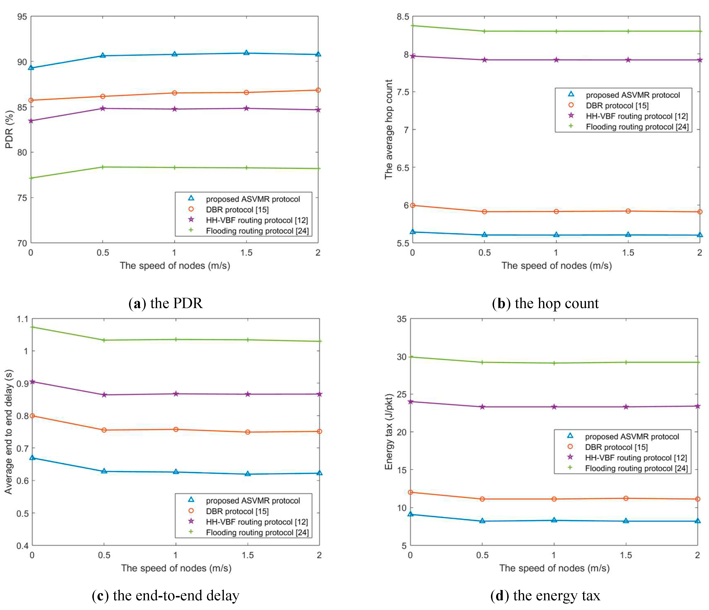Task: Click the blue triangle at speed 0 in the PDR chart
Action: [31, 68]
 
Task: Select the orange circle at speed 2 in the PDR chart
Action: [318, 90]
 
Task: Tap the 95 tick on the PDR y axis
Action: [22, 17]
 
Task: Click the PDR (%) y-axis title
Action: [9, 129]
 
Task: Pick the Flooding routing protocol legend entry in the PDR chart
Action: [257, 231]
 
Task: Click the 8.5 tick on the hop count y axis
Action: [403, 17]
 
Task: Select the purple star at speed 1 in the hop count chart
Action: [556, 60]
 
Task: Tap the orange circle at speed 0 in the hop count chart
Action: [413, 205]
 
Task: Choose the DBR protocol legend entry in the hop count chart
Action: [617, 105]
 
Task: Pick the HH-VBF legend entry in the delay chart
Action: [257, 522]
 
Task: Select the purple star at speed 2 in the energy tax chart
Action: [697, 406]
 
